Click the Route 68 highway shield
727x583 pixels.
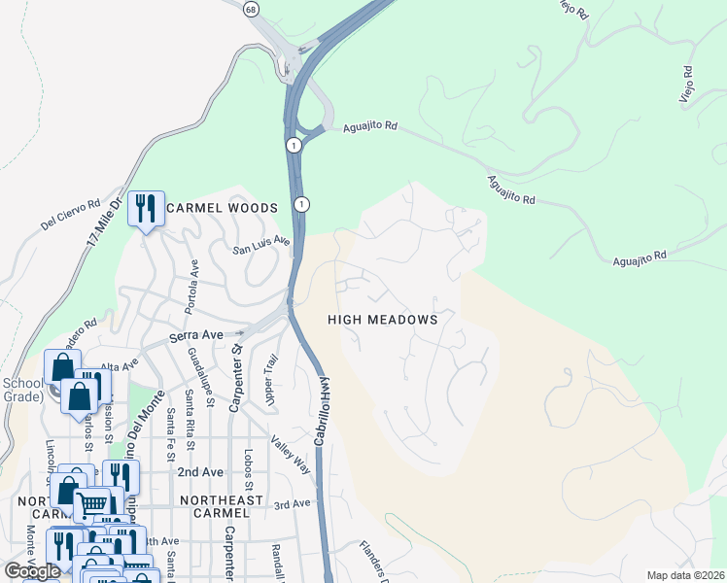pos(251,9)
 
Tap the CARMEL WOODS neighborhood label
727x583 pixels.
pos(222,208)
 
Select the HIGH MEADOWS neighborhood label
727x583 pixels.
pos(382,319)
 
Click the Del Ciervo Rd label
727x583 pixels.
pos(71,215)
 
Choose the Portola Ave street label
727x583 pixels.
pos(193,286)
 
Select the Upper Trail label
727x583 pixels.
pos(272,380)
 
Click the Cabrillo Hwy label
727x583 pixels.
pos(322,409)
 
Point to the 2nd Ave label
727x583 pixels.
pos(200,471)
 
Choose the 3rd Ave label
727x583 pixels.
pos(292,503)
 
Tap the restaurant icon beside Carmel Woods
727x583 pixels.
pos(146,209)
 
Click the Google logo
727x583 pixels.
pos(31,571)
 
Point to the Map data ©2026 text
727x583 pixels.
pos(684,575)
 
